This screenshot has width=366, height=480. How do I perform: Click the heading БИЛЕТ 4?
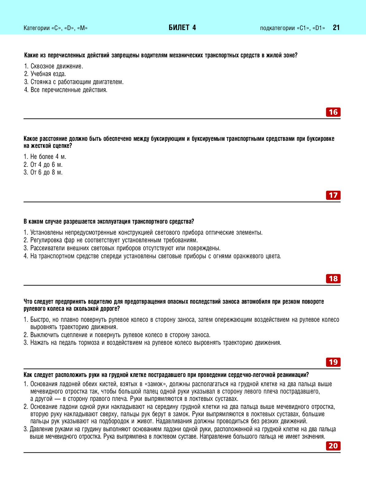pyautogui.click(x=182, y=28)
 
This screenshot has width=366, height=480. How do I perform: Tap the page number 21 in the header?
pyautogui.click(x=336, y=28)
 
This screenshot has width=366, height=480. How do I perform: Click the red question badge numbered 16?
pyautogui.click(x=333, y=112)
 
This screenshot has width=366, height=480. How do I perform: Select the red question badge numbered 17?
pyautogui.click(x=333, y=195)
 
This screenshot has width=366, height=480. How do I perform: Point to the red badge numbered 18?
pyautogui.click(x=333, y=279)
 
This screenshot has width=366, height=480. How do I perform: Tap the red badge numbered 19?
pyautogui.click(x=333, y=362)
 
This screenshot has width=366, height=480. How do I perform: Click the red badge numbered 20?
pyautogui.click(x=333, y=446)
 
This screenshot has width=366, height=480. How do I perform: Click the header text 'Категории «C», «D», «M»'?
pyautogui.click(x=56, y=28)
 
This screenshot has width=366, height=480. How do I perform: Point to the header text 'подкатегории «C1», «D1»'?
pyautogui.click(x=292, y=28)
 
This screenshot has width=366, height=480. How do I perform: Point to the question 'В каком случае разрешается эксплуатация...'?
pyautogui.click(x=109, y=221)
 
